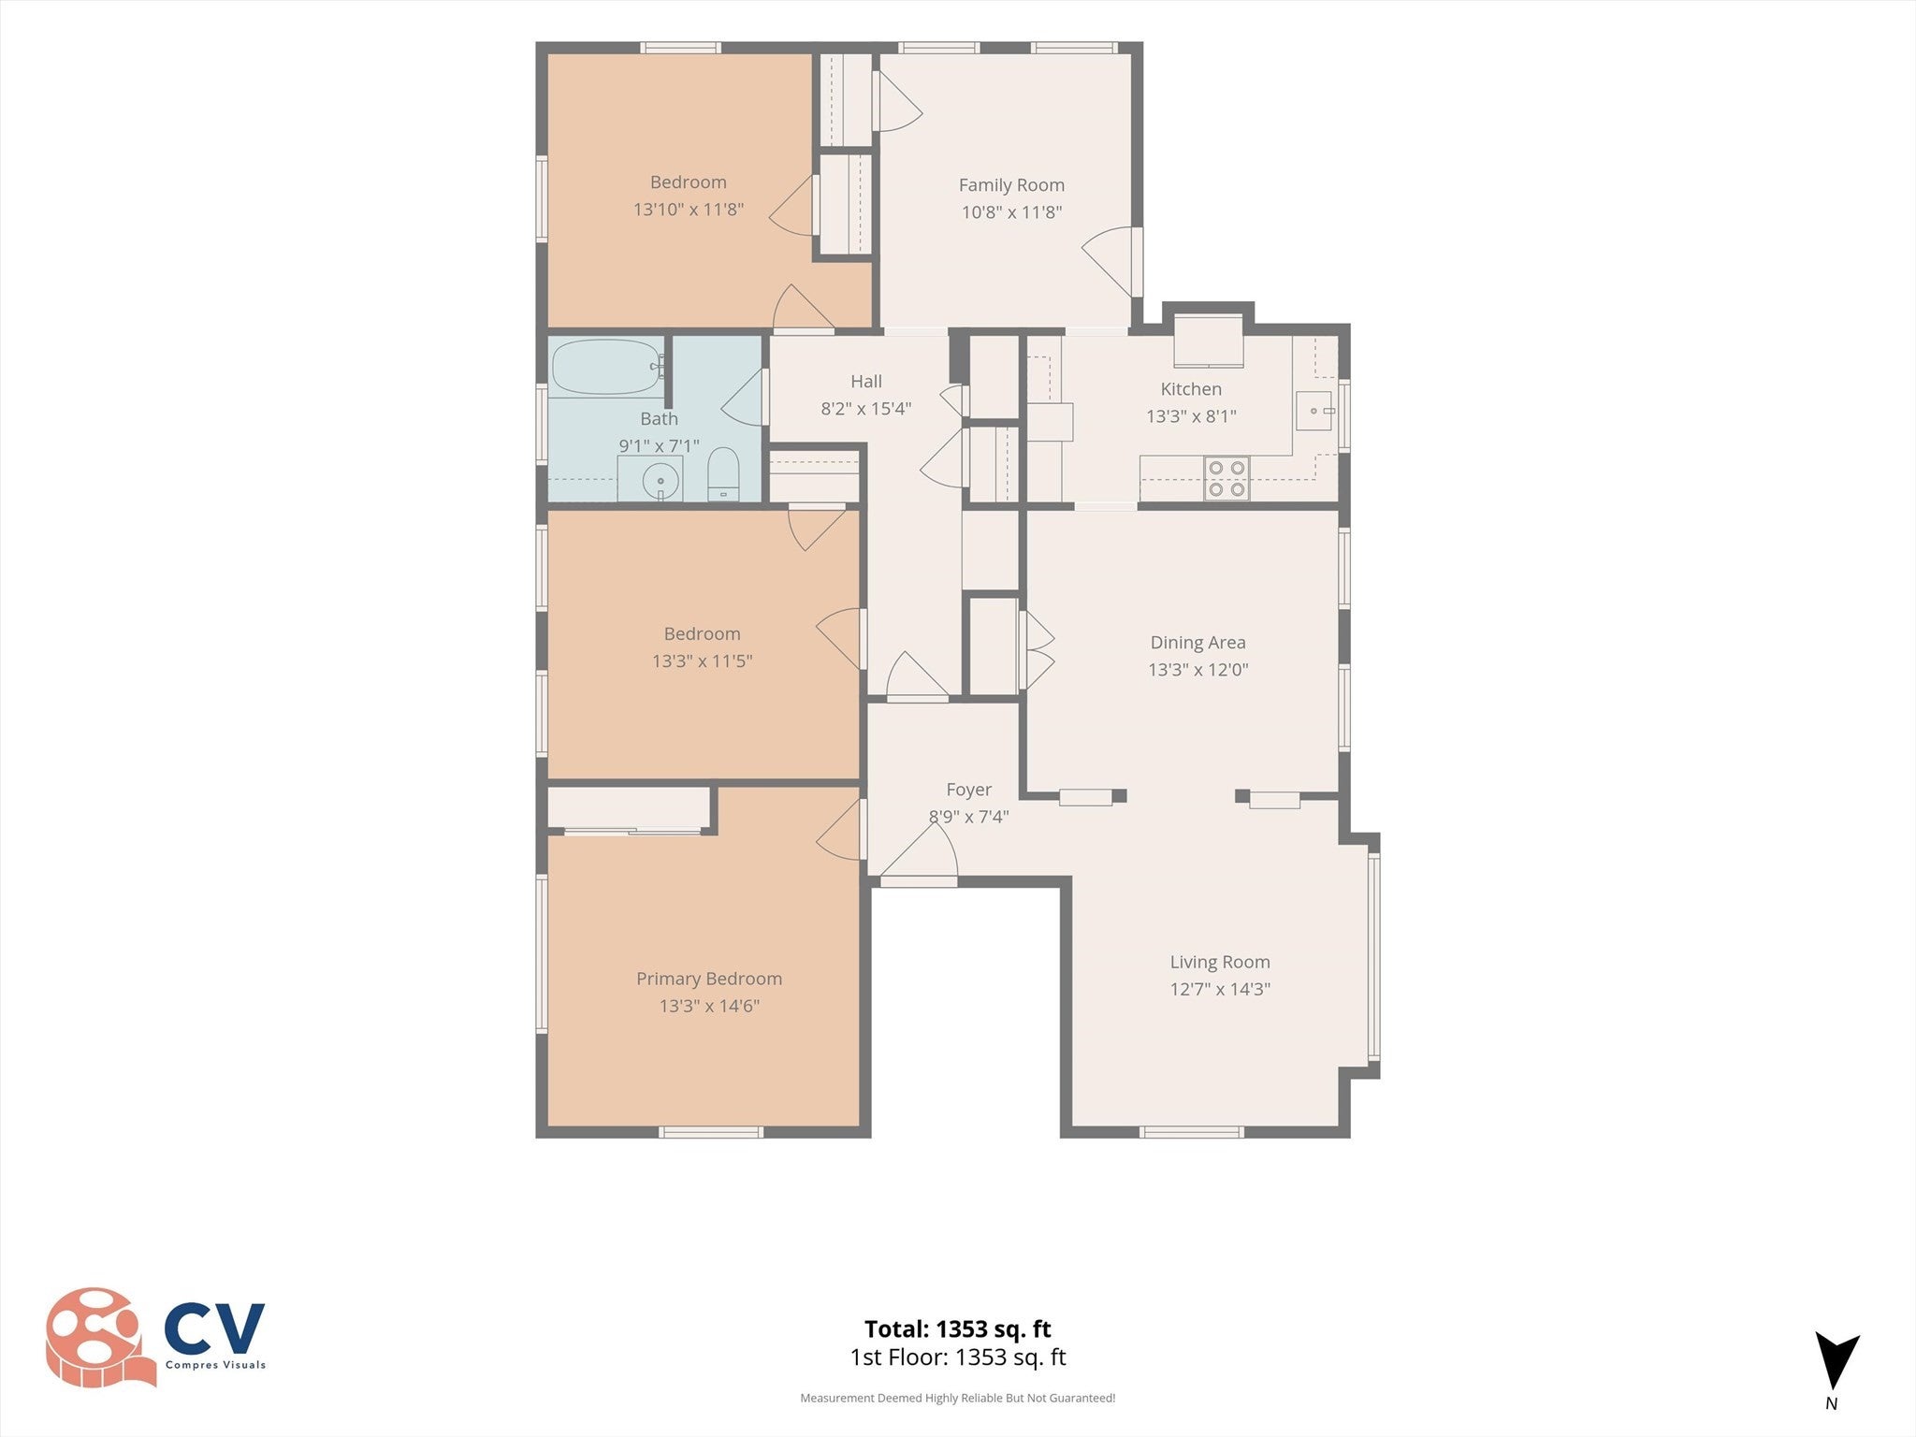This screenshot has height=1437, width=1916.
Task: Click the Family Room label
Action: [x=1011, y=185]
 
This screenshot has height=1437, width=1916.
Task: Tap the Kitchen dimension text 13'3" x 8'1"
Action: [x=1191, y=416]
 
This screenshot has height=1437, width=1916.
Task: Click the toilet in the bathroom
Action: [x=722, y=473]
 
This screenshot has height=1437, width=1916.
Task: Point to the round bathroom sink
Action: [x=660, y=481]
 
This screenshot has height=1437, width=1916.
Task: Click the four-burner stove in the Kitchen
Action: [x=1226, y=477]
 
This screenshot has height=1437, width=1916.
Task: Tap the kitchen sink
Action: [x=1314, y=411]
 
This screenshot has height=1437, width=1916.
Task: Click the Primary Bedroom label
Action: [x=709, y=979]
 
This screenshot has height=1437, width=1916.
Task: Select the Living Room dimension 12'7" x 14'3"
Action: [x=1220, y=989]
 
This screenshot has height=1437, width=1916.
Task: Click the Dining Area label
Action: [x=1197, y=643]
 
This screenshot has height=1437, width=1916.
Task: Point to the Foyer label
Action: [x=968, y=790]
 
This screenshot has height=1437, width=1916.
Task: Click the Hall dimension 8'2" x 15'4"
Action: [x=866, y=409]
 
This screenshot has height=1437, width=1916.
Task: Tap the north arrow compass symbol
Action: [x=1836, y=1362]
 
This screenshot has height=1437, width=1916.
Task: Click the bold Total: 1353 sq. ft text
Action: [x=957, y=1328]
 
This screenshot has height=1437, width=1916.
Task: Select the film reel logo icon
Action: [x=99, y=1337]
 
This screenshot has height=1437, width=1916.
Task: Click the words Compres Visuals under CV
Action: [x=215, y=1365]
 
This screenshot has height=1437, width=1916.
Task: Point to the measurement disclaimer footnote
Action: [x=957, y=1398]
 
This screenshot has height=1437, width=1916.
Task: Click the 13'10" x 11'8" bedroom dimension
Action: [x=689, y=210]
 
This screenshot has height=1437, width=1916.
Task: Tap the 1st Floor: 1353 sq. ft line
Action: [x=957, y=1357]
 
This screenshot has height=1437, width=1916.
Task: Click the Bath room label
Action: [x=659, y=419]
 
